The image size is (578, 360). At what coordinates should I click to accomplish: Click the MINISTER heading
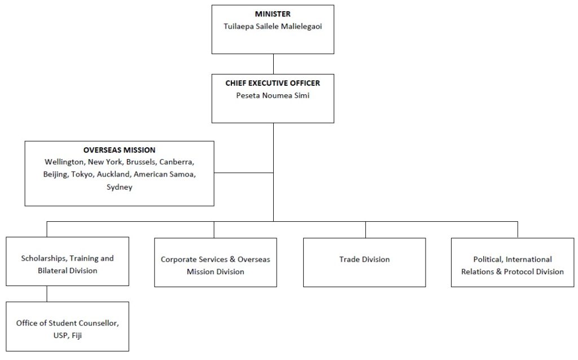pos(273,14)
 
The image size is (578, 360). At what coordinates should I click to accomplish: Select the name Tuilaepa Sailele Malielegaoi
pos(273,26)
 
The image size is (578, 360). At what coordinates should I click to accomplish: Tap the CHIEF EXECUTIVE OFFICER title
pos(273,83)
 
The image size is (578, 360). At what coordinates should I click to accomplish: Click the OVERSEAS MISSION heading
pos(119,150)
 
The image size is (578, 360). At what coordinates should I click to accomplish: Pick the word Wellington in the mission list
pos(63,162)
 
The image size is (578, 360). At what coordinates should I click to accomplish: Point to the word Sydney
pos(119,187)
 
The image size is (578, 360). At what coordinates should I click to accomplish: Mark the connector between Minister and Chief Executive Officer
pos(273,63)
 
